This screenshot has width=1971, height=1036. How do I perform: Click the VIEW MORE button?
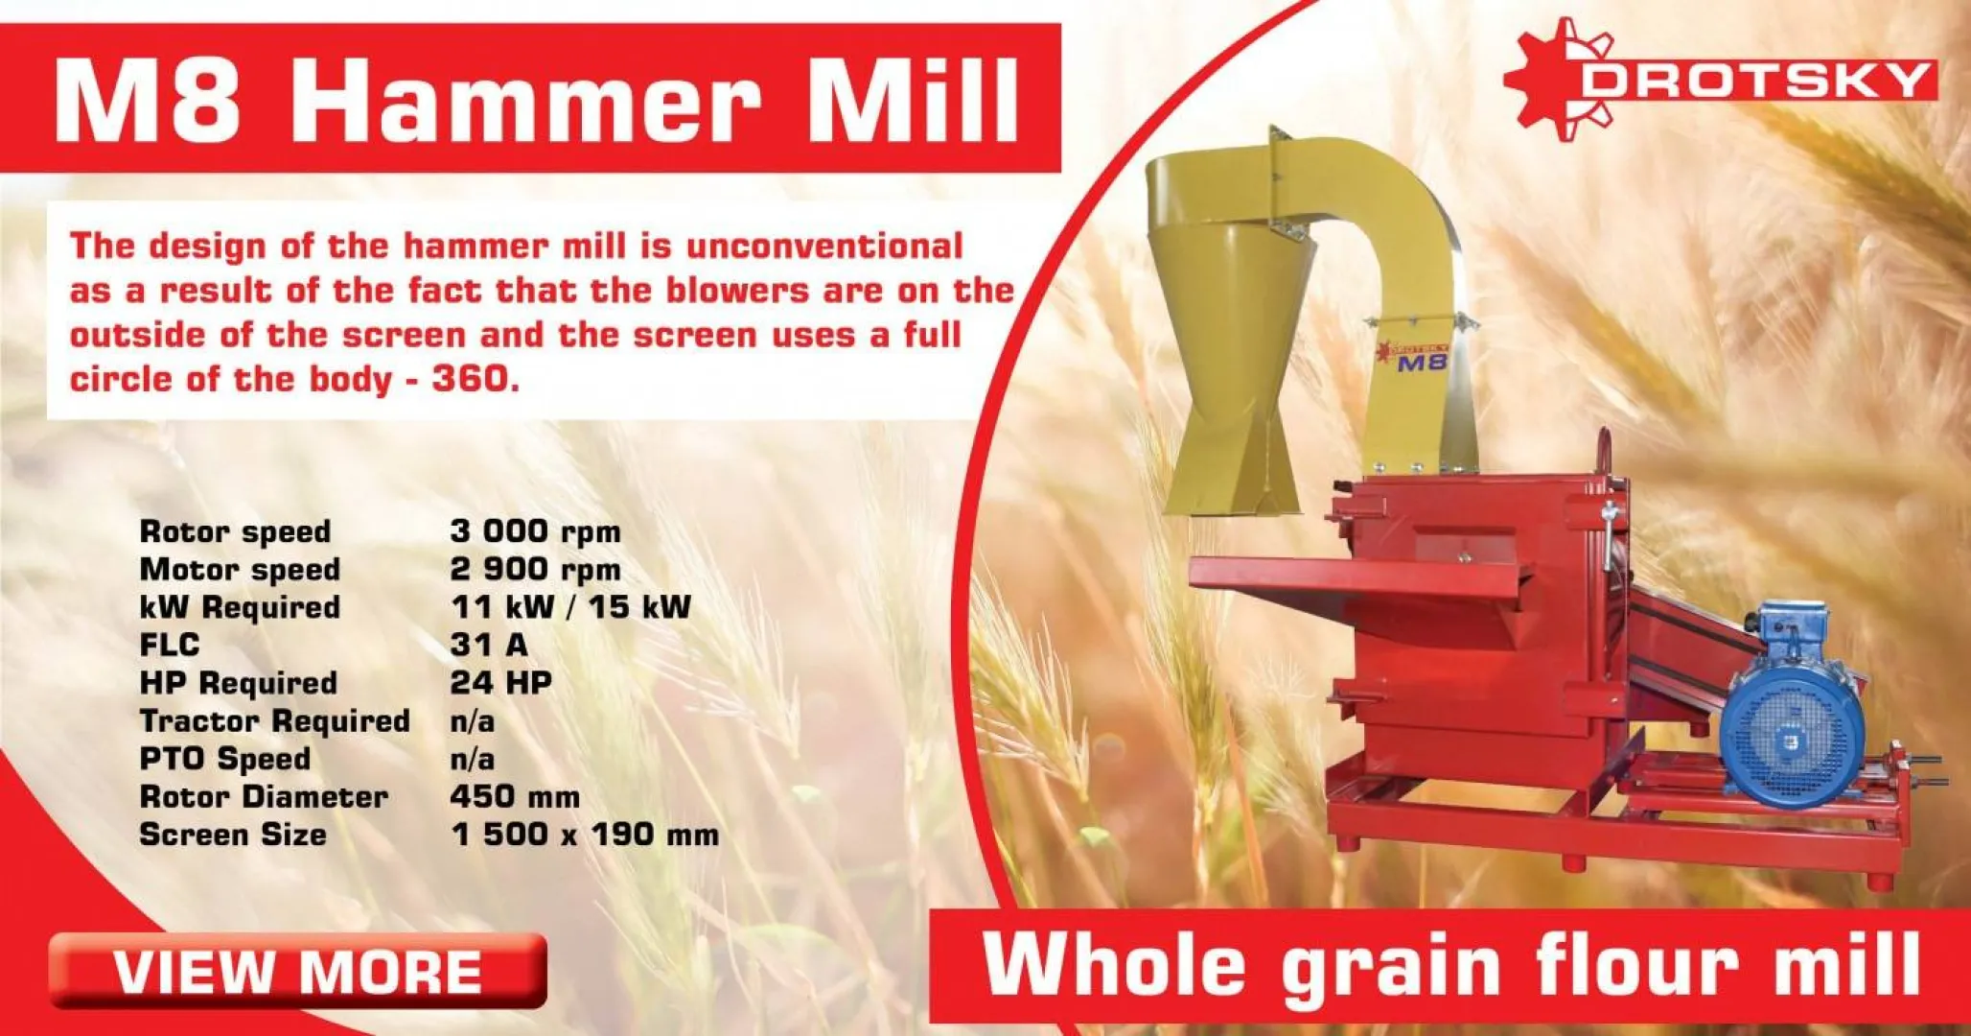point(297,971)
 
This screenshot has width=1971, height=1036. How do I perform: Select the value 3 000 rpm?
point(535,531)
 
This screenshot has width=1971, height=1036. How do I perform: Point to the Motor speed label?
point(240,569)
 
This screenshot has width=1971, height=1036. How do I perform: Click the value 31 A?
point(489,645)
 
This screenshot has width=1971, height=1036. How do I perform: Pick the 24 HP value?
point(500,683)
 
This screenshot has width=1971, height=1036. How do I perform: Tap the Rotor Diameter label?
point(264,796)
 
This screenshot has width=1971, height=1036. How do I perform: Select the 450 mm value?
point(515,796)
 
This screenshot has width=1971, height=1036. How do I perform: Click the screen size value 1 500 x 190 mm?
point(585,835)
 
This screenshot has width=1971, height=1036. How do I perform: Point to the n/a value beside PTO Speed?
point(473,759)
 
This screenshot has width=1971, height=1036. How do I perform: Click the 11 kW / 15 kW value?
point(570,607)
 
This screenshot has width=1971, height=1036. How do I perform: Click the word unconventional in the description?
point(824,247)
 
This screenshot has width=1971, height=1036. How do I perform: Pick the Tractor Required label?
point(275,720)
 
